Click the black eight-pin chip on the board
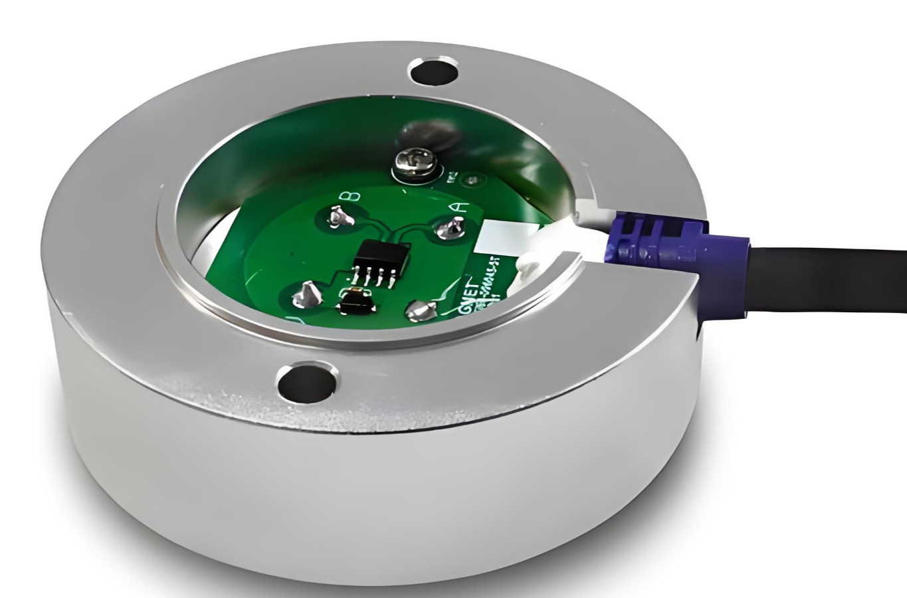pyautogui.click(x=382, y=255)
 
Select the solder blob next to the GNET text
pyautogui.click(x=421, y=310)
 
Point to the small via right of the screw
pyautogui.click(x=472, y=180)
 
